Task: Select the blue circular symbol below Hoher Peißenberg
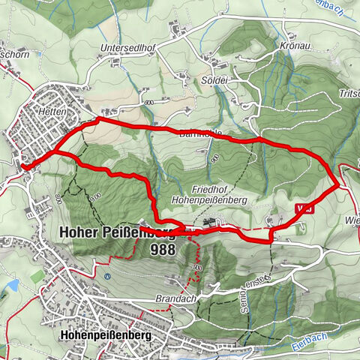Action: [x=107, y=275]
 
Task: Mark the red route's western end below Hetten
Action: [x=23, y=166]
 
